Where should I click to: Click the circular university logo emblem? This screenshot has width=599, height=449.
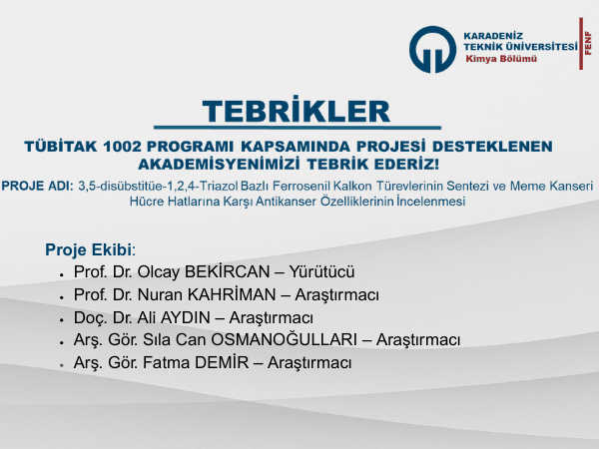tap(432, 49)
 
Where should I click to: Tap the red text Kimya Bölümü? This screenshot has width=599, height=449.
tap(501, 59)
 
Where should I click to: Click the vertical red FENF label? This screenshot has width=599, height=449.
tap(588, 43)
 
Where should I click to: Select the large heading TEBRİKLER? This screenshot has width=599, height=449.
tap(297, 112)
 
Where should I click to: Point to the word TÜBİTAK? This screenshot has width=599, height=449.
tap(61, 147)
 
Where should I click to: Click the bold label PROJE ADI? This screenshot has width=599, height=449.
tap(37, 186)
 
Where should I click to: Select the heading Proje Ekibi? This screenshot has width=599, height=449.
tap(89, 249)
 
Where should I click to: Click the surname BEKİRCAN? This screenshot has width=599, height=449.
tap(228, 271)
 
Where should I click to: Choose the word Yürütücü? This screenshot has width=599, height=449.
tap(321, 271)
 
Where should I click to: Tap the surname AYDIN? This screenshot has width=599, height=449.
tap(186, 317)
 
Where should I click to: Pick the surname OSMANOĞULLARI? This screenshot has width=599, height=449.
tap(285, 339)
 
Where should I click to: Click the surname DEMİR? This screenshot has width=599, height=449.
tap(222, 362)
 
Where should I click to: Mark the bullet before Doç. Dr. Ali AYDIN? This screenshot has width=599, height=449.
tap(61, 319)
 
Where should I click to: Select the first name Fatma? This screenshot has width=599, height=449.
tap(166, 362)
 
